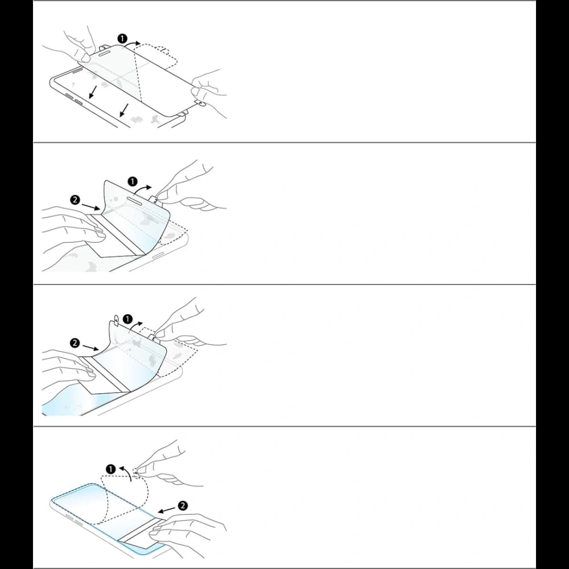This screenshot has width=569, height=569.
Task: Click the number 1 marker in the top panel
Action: point(122,39)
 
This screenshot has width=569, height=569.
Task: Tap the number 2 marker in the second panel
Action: point(75,199)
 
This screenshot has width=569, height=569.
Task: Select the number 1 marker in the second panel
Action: point(132,182)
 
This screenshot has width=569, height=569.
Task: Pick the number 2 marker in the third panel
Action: point(75,343)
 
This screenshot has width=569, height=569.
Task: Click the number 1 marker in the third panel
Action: point(128,320)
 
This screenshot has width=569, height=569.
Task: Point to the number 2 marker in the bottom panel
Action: point(183,505)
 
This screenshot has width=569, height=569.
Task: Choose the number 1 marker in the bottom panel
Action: point(111,469)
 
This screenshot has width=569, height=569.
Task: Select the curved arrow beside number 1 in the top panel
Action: point(135,42)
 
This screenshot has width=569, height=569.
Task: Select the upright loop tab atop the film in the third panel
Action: point(117,321)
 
